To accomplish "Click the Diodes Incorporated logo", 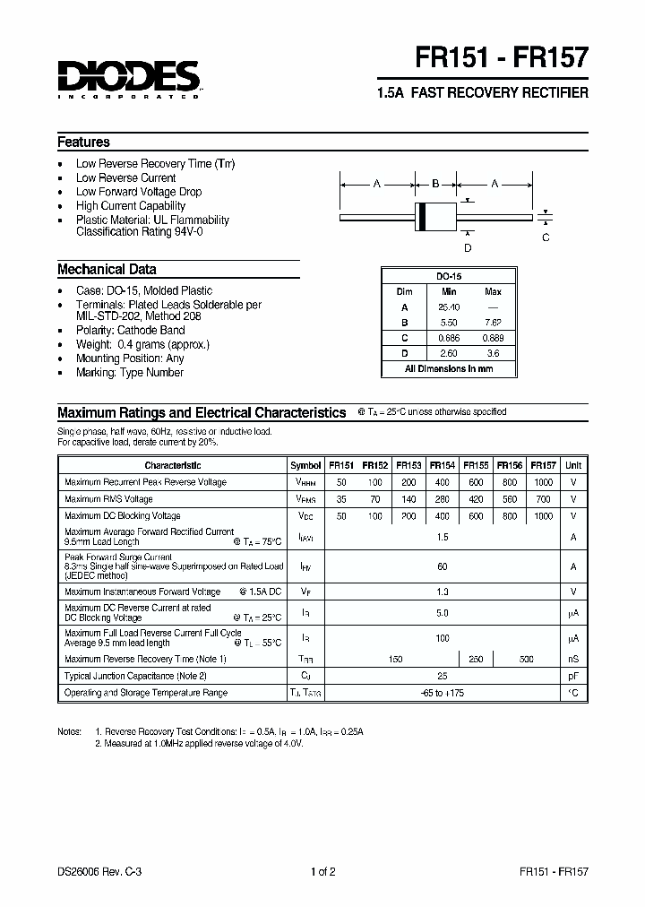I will point(129,77).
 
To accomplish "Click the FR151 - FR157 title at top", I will point(502,59).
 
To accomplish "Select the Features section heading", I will point(84,142).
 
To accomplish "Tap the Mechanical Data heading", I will point(107,269).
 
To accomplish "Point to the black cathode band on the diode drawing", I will point(420,216).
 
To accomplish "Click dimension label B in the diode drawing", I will point(435,184).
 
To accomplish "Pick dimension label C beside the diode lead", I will point(546,238).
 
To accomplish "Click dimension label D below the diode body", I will point(467,247).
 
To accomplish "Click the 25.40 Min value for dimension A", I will point(449,307).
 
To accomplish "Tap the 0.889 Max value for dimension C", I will point(492,337).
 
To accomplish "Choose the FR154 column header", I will point(442,465).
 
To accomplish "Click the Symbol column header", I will point(305,465).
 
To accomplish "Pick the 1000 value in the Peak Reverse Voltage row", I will point(543,482).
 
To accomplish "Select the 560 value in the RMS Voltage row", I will point(509,499).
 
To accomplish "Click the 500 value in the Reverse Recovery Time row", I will point(526,659).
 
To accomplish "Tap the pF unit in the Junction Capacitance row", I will point(573,676).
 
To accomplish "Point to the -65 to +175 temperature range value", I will point(442,693).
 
